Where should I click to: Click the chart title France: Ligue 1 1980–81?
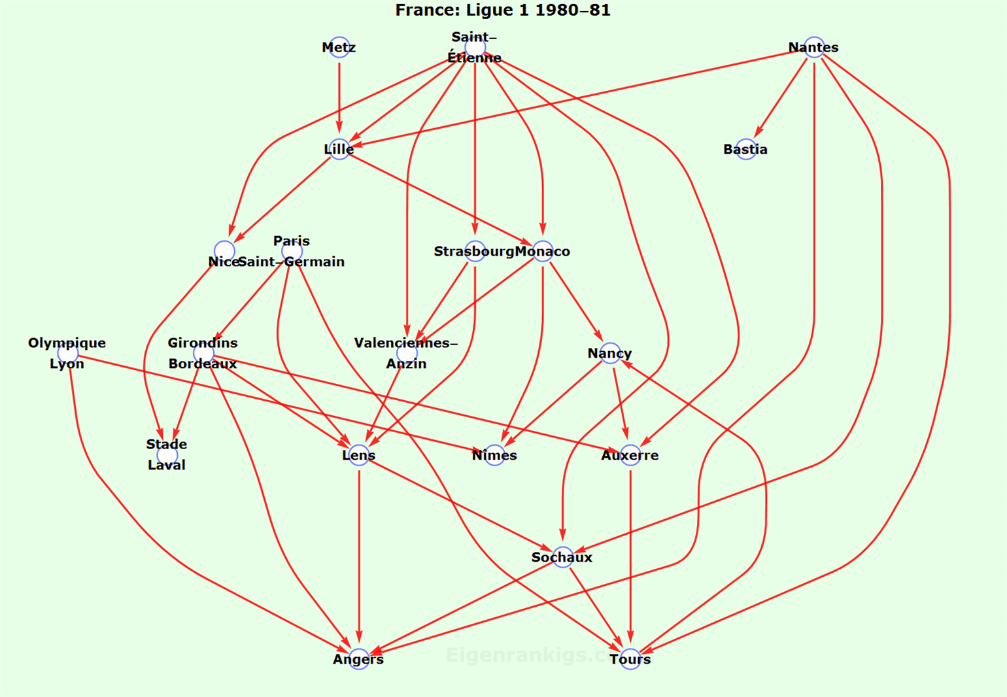(503, 10)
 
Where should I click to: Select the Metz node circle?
(339, 47)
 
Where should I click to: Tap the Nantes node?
(814, 47)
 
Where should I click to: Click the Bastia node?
(745, 149)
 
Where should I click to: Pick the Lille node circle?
(339, 149)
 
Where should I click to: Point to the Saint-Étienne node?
(475, 47)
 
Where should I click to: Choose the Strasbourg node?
(475, 251)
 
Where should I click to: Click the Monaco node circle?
(543, 251)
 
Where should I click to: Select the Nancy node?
(610, 353)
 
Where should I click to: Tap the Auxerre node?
(630, 455)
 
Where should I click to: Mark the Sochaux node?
(562, 557)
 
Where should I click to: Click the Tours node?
(630, 659)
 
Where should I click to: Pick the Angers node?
(358, 659)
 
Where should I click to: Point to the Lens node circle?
(358, 455)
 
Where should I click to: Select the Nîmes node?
(494, 455)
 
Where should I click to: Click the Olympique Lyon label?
(67, 353)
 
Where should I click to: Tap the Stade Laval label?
(167, 454)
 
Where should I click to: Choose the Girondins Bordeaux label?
(203, 353)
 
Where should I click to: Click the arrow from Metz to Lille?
(339, 98)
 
